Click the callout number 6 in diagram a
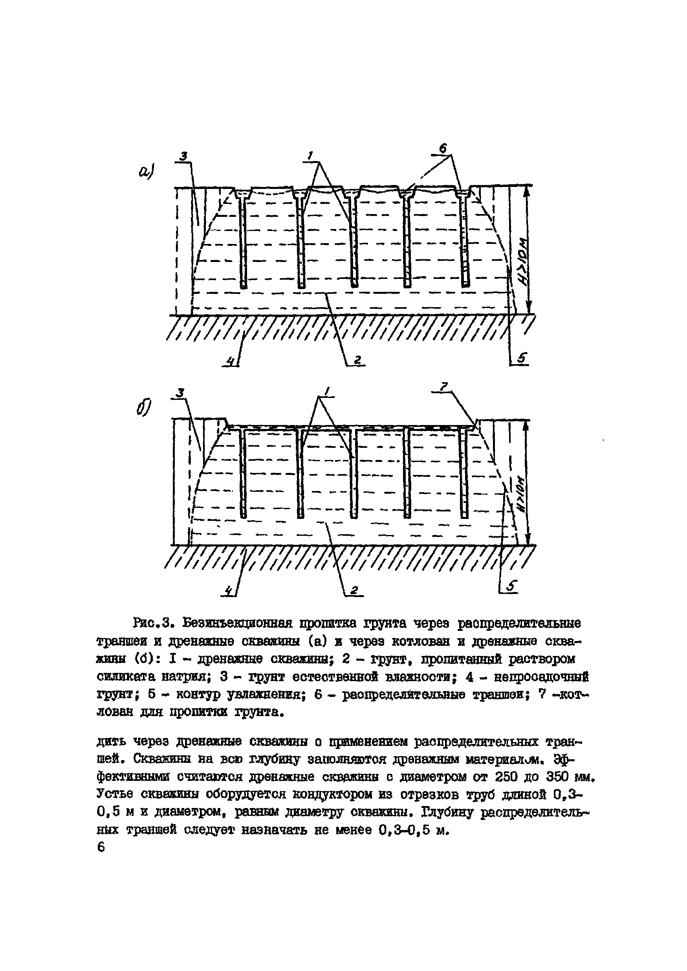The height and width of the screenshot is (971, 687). tap(443, 148)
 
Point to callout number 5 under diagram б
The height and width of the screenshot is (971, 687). tap(512, 586)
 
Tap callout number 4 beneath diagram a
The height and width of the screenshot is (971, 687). tap(231, 361)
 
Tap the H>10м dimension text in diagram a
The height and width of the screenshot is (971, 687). tap(523, 263)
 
